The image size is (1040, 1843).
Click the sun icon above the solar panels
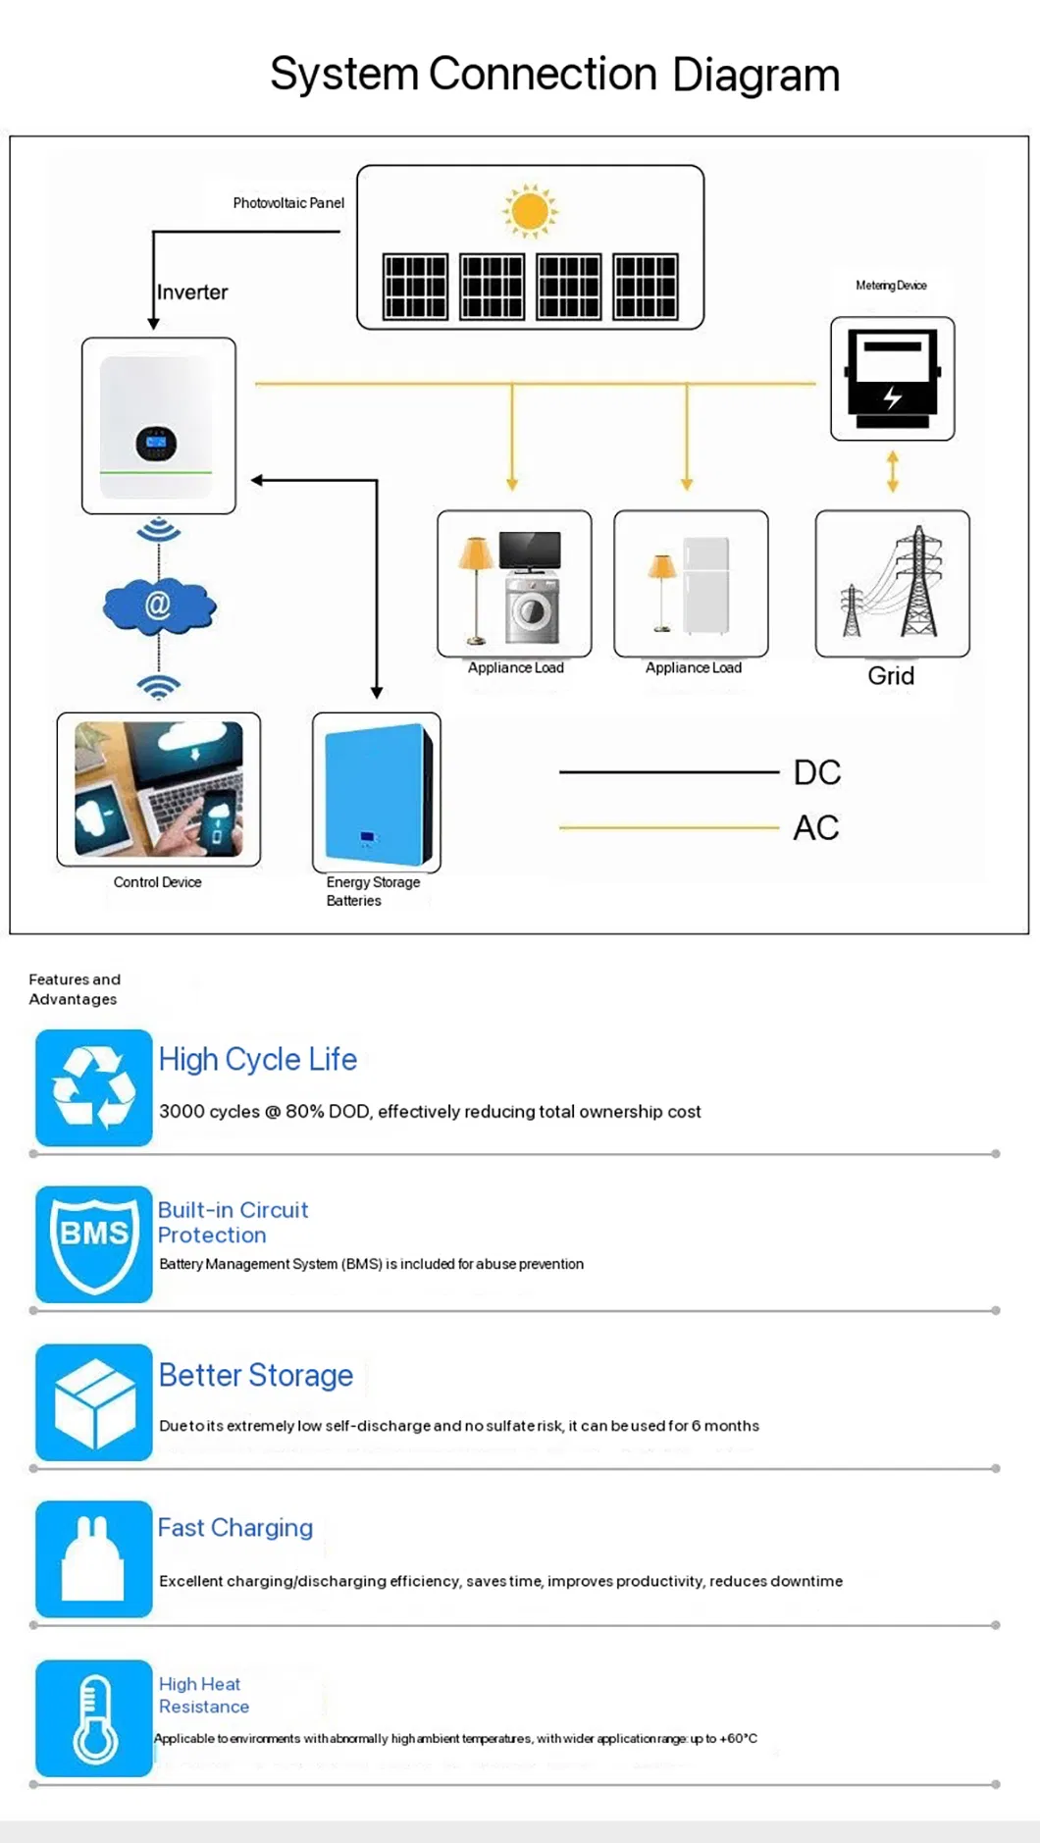click(530, 210)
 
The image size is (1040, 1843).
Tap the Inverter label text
click(192, 292)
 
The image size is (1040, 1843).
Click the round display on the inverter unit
click(156, 444)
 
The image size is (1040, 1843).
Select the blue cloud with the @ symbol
click(159, 606)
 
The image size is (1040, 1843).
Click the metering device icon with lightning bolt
click(892, 379)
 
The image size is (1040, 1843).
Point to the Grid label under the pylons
click(891, 676)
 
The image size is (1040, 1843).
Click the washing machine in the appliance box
click(533, 611)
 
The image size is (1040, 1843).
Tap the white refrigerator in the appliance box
click(706, 586)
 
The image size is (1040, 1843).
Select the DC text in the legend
click(817, 772)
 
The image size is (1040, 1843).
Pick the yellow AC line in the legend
click(669, 828)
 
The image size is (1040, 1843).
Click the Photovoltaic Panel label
click(288, 203)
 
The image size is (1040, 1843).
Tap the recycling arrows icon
click(94, 1087)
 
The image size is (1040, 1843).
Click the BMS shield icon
click(94, 1244)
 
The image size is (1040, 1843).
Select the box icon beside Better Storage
click(94, 1402)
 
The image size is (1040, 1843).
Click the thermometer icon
click(94, 1718)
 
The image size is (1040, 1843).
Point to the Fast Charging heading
click(235, 1528)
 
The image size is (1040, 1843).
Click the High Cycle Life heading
click(258, 1060)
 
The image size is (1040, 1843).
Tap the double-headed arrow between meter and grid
click(892, 472)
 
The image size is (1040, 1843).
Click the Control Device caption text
click(157, 882)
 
